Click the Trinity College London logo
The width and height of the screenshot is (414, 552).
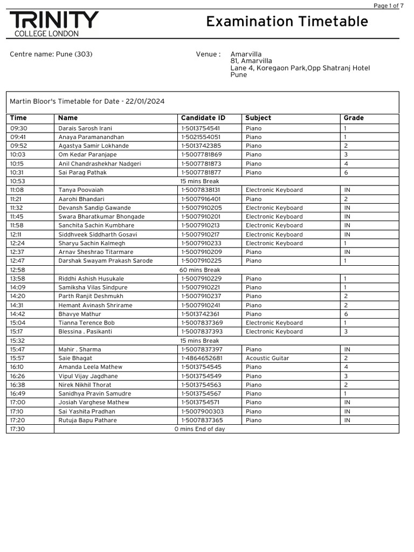click(54, 24)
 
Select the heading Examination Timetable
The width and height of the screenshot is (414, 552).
click(287, 22)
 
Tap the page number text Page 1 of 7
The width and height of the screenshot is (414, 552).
click(388, 6)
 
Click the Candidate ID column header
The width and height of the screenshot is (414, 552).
click(203, 118)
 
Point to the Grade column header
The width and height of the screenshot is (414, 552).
click(354, 118)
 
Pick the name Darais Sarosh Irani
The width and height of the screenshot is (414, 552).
click(85, 128)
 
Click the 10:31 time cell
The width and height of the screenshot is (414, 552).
click(17, 172)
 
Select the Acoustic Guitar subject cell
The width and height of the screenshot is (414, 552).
click(267, 358)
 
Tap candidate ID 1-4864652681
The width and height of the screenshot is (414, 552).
click(202, 358)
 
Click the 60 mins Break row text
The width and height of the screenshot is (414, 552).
click(199, 270)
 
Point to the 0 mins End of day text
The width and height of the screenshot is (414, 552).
click(199, 429)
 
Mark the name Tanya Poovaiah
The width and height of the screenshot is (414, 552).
click(81, 190)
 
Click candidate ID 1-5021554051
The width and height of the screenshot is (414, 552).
click(201, 137)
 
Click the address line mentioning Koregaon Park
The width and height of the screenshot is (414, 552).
click(300, 68)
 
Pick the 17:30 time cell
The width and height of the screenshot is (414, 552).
click(17, 429)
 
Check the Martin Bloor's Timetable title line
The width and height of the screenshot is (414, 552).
click(87, 102)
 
